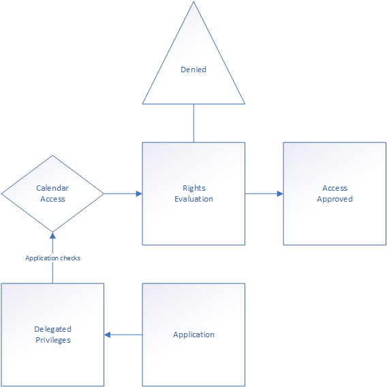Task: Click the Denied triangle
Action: click(193, 69)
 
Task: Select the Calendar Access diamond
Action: click(52, 193)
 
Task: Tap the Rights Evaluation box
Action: click(193, 193)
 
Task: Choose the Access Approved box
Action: click(335, 193)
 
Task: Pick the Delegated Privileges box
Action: click(52, 335)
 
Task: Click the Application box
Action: click(193, 335)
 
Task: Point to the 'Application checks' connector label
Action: click(52, 258)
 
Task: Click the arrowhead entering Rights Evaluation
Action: click(139, 193)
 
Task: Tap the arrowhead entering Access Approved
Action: click(280, 193)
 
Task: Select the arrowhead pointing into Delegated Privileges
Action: click(107, 335)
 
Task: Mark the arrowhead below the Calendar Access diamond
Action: click(52, 236)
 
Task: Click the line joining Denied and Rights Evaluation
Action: click(193, 123)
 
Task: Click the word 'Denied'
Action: click(193, 69)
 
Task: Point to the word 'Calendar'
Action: click(52, 188)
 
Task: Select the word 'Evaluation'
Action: click(193, 199)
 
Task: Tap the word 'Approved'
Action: click(335, 199)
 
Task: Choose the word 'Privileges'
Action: click(53, 340)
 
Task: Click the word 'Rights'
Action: click(194, 188)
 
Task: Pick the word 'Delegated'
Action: click(53, 329)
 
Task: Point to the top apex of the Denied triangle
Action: click(193, 2)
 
